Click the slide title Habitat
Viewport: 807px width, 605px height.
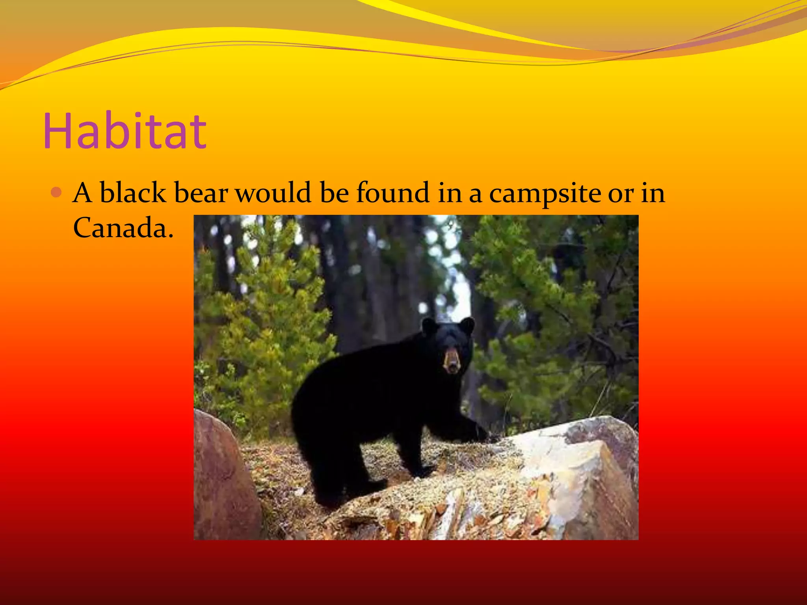(125, 131)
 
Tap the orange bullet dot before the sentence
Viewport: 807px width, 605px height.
(57, 193)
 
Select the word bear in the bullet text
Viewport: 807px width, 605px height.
(201, 193)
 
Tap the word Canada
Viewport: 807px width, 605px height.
(123, 228)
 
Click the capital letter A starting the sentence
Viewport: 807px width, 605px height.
(82, 193)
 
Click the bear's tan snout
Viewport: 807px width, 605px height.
(452, 360)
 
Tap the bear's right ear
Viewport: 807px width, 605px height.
(429, 326)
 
